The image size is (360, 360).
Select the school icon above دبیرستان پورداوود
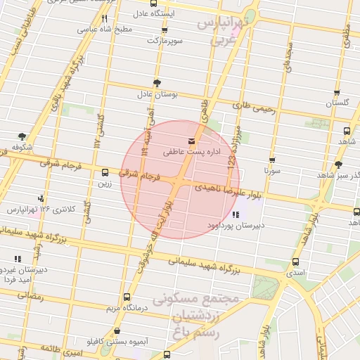(x=235, y=214)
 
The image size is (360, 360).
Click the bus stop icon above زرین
(x=105, y=172)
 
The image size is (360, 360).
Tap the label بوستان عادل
(x=155, y=94)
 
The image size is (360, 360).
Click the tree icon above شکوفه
(x=23, y=136)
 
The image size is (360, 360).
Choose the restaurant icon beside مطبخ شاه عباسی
(x=104, y=19)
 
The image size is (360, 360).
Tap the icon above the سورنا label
(x=272, y=160)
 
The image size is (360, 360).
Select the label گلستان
(x=337, y=103)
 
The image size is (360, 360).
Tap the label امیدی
(x=295, y=271)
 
